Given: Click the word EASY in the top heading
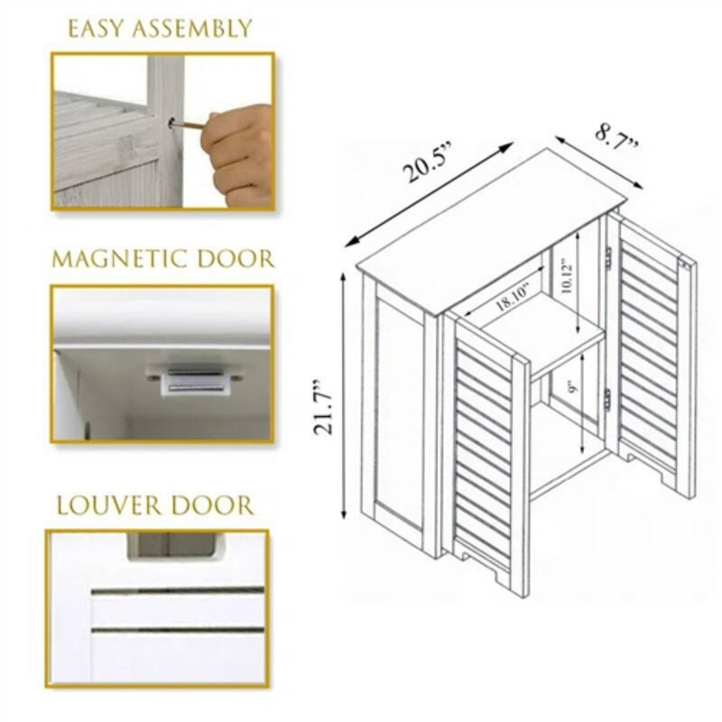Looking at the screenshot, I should click(x=97, y=29).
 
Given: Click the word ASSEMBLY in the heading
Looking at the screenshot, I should click(x=191, y=29).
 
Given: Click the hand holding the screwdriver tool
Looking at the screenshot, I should click(x=239, y=149).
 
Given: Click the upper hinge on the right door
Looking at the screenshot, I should click(x=608, y=257).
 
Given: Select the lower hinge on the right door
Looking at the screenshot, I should click(x=607, y=398).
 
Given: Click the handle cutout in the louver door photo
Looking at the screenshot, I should click(x=171, y=544).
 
